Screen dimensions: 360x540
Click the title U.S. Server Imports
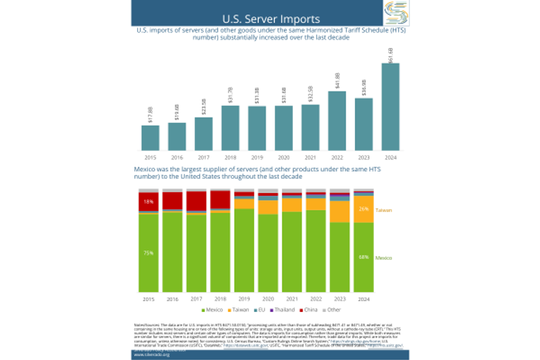271,18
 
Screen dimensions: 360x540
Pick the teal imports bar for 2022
337,120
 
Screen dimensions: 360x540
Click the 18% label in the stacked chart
148,202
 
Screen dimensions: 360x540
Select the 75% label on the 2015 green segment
148,253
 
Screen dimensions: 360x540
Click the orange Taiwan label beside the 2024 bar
383,210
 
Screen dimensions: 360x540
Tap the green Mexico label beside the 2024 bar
384,257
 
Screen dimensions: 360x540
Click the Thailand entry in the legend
284,309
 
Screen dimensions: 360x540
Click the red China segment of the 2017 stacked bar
196,201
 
